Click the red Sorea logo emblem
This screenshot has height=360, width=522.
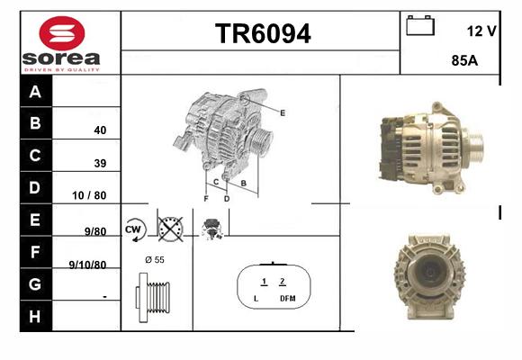(x=62, y=33)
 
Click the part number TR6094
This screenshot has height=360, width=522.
(x=263, y=33)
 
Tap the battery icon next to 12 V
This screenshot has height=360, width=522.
(x=420, y=25)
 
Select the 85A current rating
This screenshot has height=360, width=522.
(x=464, y=60)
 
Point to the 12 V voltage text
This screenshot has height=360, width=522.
(x=481, y=31)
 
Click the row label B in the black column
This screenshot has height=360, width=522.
(x=35, y=123)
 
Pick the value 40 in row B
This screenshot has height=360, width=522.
(x=100, y=130)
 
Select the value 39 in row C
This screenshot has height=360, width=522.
(x=100, y=163)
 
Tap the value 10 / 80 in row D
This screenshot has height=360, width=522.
(x=89, y=195)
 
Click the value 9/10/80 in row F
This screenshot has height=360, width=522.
(x=87, y=265)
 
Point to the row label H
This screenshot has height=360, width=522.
(x=35, y=317)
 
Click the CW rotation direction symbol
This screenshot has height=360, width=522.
(x=134, y=229)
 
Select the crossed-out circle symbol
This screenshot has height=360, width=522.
(x=170, y=229)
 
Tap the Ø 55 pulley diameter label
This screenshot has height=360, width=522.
(x=155, y=260)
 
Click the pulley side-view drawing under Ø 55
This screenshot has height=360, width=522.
(x=153, y=298)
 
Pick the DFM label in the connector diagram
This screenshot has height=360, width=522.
(x=288, y=299)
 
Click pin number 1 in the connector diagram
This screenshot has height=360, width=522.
(x=264, y=282)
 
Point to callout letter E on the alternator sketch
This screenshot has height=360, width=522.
(x=283, y=113)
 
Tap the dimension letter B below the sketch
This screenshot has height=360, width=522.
(x=243, y=184)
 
